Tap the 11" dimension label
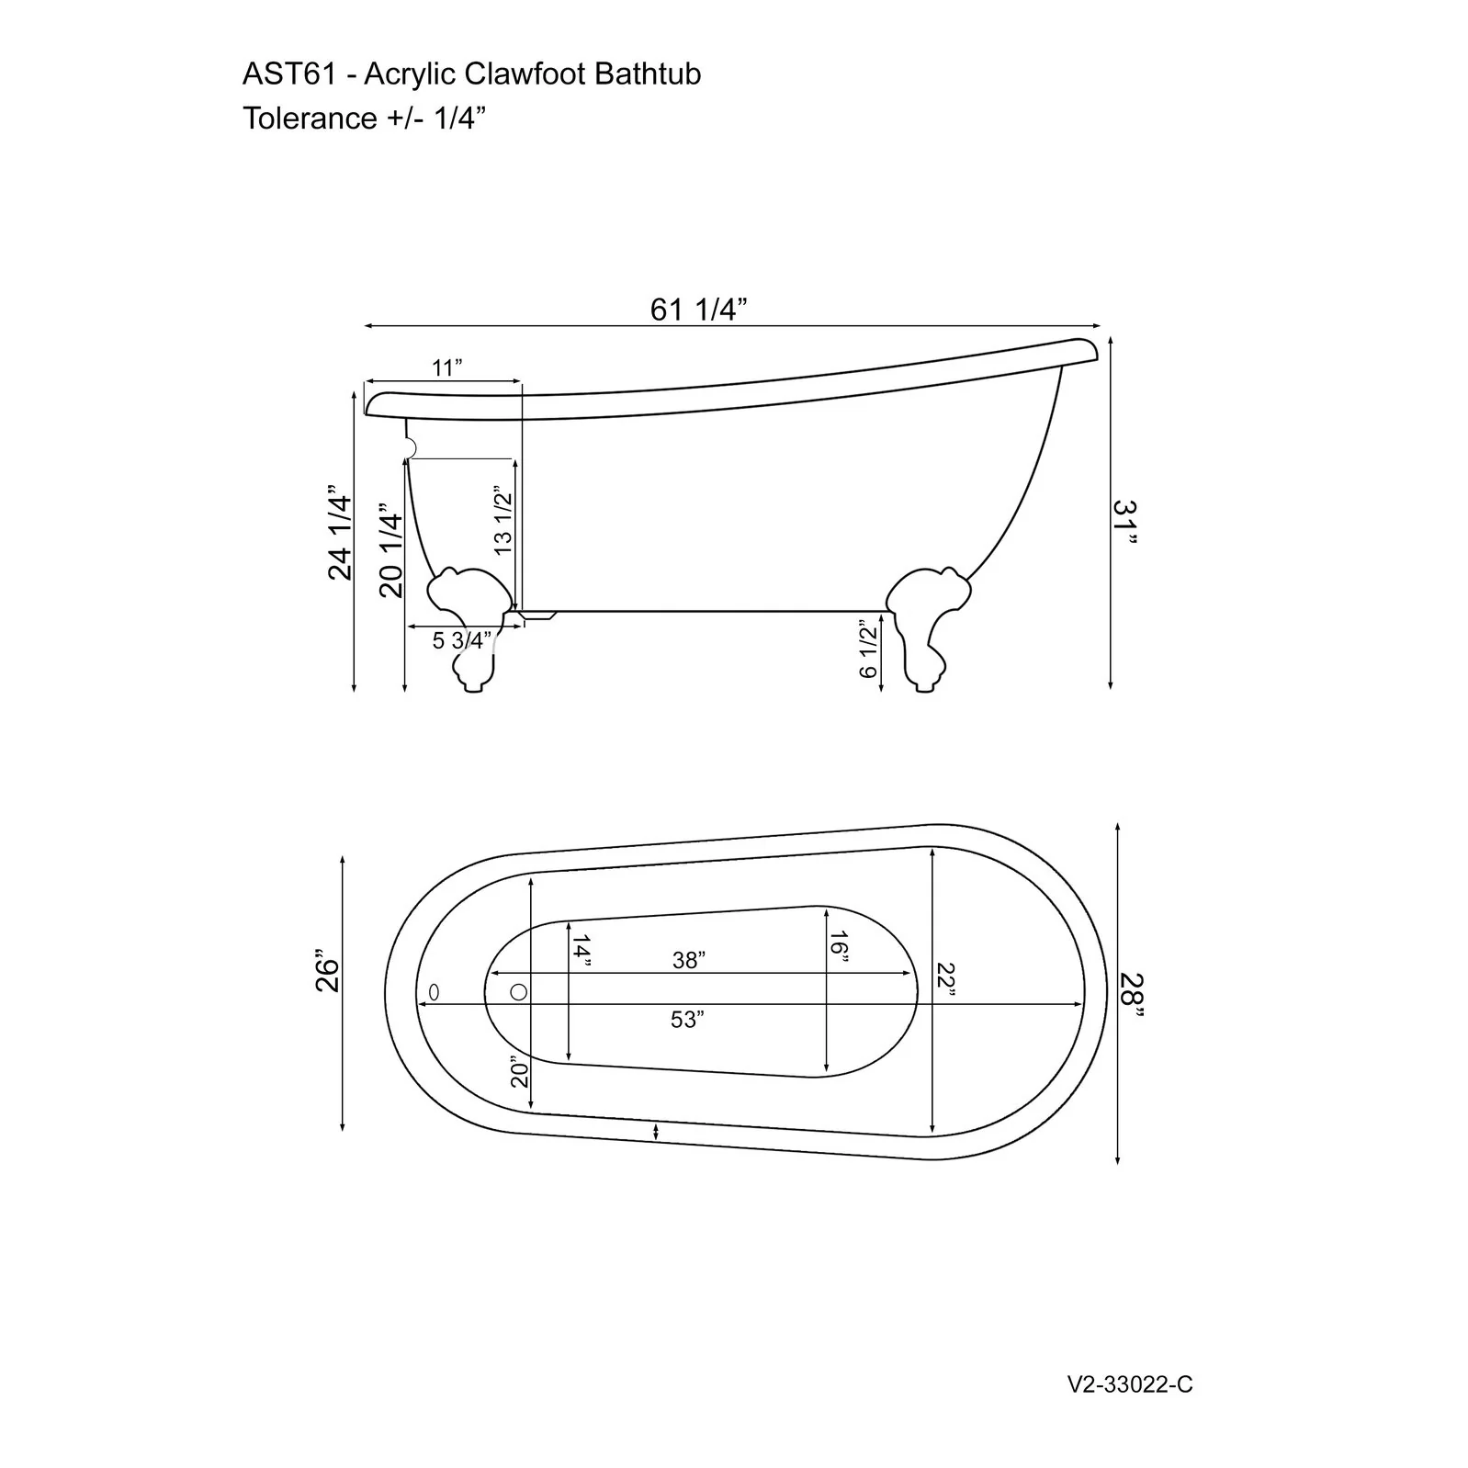click(447, 368)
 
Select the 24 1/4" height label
click(340, 536)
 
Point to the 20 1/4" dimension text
click(390, 549)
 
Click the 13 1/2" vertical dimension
click(503, 520)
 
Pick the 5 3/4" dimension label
click(462, 640)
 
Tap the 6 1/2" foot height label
click(868, 649)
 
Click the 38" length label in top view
click(689, 960)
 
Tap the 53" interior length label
click(687, 1019)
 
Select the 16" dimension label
click(838, 945)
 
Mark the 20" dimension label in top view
click(521, 1070)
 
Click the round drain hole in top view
click(518, 992)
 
